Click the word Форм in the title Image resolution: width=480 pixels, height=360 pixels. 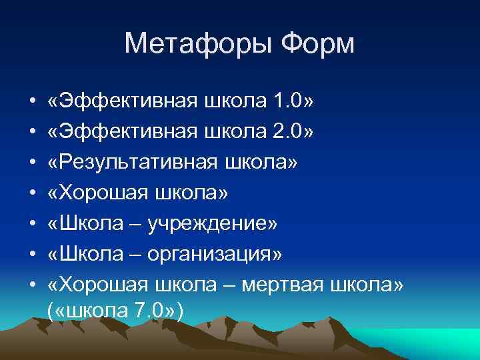pyautogui.click(x=318, y=45)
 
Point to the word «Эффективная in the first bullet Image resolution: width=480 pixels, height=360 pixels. pyautogui.click(x=113, y=101)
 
